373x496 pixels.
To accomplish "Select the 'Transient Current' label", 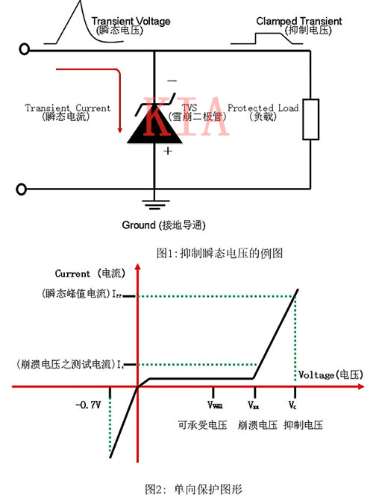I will (x=67, y=108).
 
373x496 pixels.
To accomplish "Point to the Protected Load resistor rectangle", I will (x=312, y=119).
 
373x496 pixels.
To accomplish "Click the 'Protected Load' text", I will (x=263, y=108).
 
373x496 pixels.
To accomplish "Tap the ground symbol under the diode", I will (x=154, y=201).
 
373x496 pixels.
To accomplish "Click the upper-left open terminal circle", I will (x=25, y=50).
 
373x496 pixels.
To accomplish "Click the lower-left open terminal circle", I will (x=25, y=189).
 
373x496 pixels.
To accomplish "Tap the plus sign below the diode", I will (x=168, y=151).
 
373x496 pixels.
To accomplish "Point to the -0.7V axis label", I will (x=88, y=404).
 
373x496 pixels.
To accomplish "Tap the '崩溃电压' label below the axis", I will (x=257, y=425).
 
